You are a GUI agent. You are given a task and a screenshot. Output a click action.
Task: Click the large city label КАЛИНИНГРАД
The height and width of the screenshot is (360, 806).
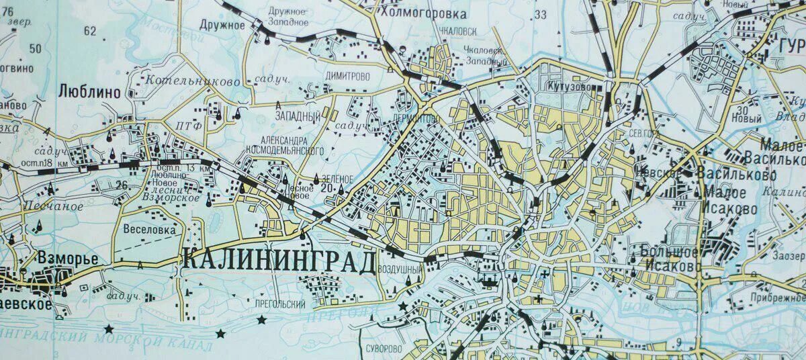[x=278, y=260]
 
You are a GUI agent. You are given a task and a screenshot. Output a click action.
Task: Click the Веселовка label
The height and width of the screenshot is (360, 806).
[x=150, y=229]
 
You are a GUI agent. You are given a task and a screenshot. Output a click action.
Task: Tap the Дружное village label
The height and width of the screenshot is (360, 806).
[x=222, y=26]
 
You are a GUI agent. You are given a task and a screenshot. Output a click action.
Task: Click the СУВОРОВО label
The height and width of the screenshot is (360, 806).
[x=385, y=349]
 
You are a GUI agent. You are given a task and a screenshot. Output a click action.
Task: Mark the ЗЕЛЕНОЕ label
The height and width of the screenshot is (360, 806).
[x=337, y=179]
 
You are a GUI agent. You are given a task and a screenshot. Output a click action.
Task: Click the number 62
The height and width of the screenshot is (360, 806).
[x=90, y=31]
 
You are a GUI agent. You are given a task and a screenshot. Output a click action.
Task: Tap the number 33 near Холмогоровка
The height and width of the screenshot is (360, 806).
[x=540, y=15]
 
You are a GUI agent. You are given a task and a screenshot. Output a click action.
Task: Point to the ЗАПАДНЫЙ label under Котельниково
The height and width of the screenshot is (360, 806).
[x=298, y=116]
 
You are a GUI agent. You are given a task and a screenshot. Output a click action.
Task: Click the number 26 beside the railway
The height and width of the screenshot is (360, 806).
[x=122, y=185]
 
